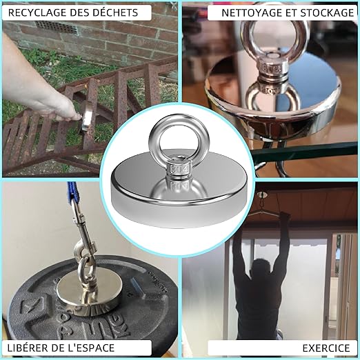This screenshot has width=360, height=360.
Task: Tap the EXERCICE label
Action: (326, 348)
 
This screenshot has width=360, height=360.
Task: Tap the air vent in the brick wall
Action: (57, 28)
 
